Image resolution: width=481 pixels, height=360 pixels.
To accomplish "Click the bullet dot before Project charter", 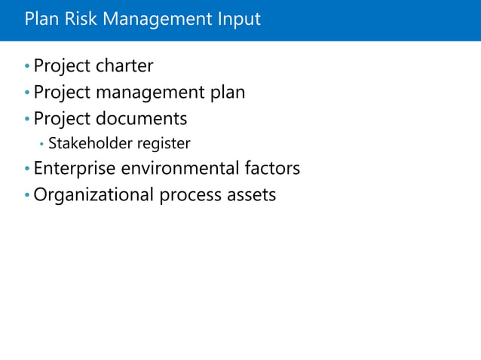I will click(27, 67).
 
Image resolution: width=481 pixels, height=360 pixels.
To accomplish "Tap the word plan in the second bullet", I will click(228, 93).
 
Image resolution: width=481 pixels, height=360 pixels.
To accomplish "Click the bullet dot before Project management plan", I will click(27, 93).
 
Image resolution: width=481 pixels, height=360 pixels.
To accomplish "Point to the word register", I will click(163, 144).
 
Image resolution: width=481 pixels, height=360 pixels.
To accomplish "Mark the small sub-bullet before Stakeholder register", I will click(41, 144).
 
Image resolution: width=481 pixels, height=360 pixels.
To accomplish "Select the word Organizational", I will click(93, 195).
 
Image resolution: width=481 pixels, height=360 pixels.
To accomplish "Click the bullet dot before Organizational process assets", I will click(27, 195).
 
